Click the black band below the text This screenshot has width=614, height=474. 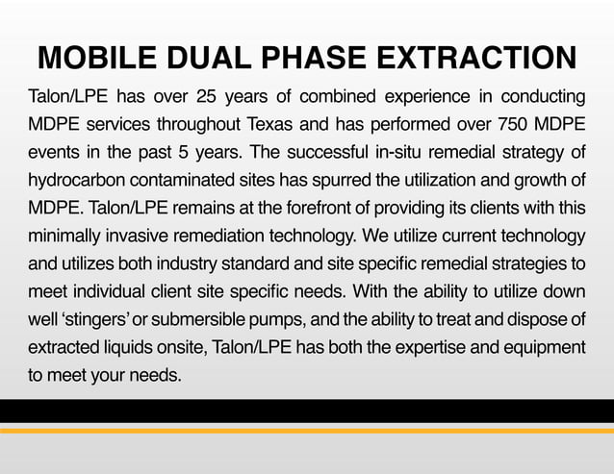click(307, 412)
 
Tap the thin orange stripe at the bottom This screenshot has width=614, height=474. click(307, 431)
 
